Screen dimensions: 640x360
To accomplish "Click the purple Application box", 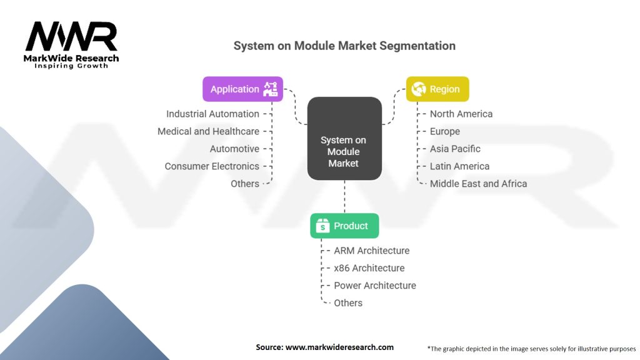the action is [242, 89].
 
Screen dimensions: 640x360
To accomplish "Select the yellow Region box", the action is [437, 89].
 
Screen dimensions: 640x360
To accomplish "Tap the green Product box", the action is [344, 226].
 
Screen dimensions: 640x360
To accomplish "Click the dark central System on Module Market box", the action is [344, 139].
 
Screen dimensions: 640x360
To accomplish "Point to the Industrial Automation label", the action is [212, 114].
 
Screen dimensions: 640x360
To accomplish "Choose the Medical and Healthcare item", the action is [208, 131].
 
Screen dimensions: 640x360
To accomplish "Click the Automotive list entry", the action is [234, 149].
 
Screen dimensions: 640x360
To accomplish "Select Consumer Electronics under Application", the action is [212, 166].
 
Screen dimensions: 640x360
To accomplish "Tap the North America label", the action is [461, 114].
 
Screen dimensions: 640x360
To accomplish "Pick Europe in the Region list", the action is [445, 131].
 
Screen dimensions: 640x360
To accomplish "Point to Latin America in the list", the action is [459, 166].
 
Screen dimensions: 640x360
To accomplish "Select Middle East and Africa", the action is [478, 184].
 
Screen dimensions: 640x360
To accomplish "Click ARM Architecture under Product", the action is [371, 251].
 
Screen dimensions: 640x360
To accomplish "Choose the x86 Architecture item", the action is [369, 268].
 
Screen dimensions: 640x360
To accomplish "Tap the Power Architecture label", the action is [374, 286].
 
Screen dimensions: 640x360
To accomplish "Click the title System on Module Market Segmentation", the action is [344, 46].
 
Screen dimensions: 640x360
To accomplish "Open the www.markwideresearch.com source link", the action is [339, 347].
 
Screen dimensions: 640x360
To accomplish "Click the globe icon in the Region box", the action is [419, 89].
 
